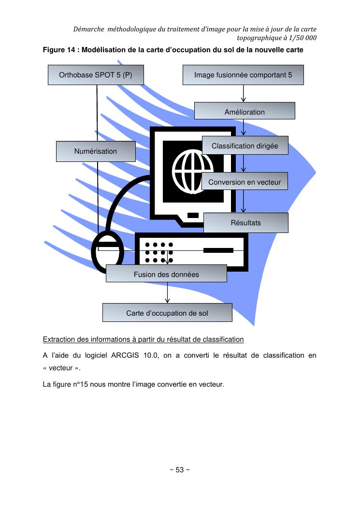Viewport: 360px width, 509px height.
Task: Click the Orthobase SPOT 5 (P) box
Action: [96, 75]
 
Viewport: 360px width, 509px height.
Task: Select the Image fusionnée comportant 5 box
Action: [243, 75]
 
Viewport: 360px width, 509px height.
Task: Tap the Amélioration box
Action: [245, 112]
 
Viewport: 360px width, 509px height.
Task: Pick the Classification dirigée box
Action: [245, 146]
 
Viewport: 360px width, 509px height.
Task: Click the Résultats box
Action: [245, 223]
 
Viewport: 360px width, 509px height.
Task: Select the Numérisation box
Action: [96, 151]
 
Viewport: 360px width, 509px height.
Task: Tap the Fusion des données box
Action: [166, 274]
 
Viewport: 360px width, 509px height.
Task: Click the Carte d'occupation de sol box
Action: [167, 313]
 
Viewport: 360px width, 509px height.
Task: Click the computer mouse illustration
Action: [108, 254]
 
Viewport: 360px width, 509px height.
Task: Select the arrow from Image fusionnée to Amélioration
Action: [243, 94]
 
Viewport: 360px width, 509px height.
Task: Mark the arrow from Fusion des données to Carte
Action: [167, 293]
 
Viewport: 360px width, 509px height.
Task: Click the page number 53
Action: [179, 470]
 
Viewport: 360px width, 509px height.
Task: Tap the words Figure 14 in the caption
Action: [60, 50]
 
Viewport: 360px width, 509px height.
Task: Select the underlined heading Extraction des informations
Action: [143, 338]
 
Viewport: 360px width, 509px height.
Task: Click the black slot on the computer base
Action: [218, 250]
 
